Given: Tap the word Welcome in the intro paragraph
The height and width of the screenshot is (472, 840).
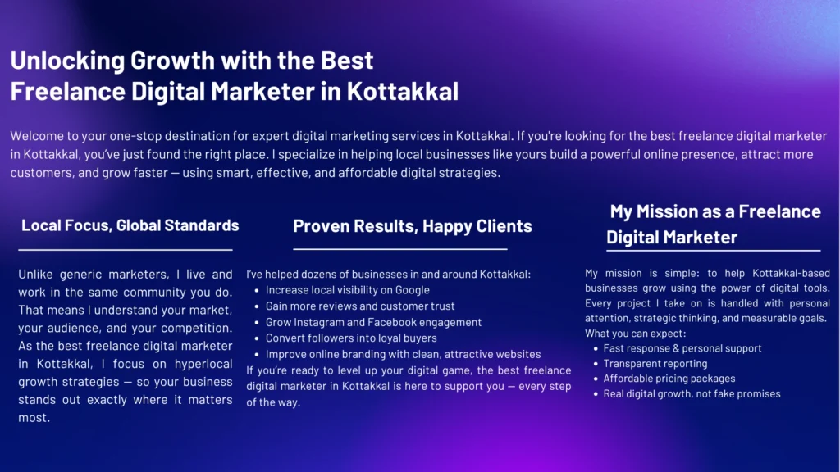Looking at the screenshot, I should click(39, 136).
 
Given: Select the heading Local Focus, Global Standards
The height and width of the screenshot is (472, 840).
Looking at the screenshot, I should click(130, 225).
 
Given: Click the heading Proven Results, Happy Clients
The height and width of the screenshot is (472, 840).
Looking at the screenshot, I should click(413, 226).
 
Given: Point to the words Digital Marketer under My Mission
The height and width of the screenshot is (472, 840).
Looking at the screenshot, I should click(672, 238).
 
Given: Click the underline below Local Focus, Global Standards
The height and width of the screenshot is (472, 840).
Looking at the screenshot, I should click(126, 249).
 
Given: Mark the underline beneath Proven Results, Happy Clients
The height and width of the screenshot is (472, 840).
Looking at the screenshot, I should click(400, 248).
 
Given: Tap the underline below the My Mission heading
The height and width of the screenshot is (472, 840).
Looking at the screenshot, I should click(714, 250).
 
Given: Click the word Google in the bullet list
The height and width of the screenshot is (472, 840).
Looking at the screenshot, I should click(413, 290).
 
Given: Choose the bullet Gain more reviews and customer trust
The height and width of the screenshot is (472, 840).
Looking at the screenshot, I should click(360, 306).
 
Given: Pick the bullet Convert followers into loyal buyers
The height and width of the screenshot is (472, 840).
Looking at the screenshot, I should click(351, 338).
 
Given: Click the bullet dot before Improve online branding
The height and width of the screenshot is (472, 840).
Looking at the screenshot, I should click(257, 355).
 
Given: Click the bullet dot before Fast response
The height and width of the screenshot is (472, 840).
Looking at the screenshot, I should click(594, 349).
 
